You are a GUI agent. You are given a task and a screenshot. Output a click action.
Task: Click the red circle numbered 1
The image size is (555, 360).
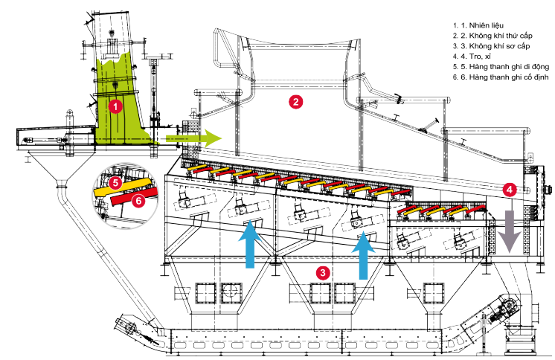115,106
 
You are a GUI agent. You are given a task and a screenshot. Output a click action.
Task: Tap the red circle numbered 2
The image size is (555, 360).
295,103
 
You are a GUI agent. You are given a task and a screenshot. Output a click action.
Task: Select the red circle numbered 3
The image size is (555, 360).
322,272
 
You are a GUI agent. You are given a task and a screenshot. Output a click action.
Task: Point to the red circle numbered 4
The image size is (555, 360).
508,189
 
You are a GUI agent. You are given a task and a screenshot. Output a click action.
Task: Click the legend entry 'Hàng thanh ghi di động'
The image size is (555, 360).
506,67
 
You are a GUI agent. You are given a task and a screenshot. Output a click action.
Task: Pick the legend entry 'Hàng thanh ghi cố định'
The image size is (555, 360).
505,78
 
